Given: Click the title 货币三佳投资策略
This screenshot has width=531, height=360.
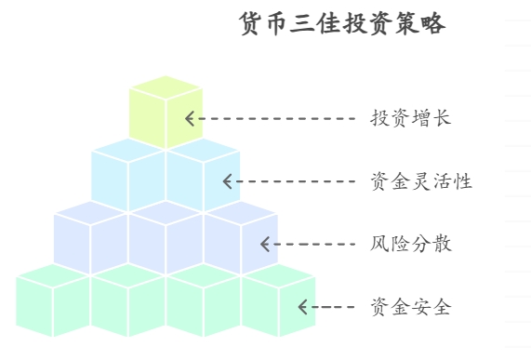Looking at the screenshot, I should point(342,24).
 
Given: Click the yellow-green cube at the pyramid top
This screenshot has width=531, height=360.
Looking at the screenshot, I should point(166,113).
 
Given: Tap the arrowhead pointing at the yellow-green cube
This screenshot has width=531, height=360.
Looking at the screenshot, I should point(190,119).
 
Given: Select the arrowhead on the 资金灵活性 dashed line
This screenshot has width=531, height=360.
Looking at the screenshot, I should point(228,181).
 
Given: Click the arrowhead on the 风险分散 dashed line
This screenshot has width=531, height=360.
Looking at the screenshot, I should point(266,245).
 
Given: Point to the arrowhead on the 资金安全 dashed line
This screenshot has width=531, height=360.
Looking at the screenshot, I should point(303,307).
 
